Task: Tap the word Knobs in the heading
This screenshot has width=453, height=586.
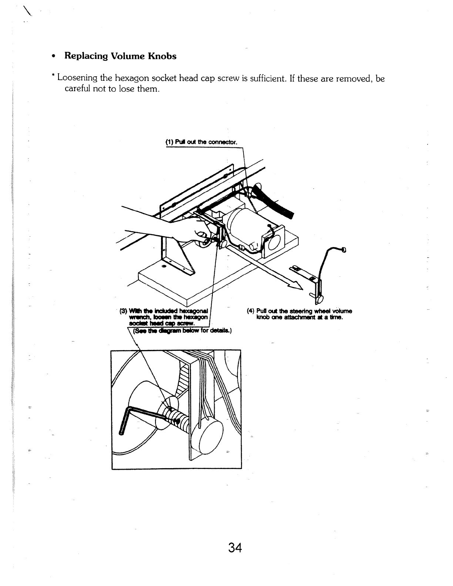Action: point(162,56)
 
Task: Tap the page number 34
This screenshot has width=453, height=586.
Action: point(235,547)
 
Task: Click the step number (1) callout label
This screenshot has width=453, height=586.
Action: point(169,142)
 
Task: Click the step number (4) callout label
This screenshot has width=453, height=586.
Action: point(250,311)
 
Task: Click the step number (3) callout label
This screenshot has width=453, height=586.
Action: point(123,311)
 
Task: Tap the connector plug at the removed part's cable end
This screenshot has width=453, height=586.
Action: point(344,250)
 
